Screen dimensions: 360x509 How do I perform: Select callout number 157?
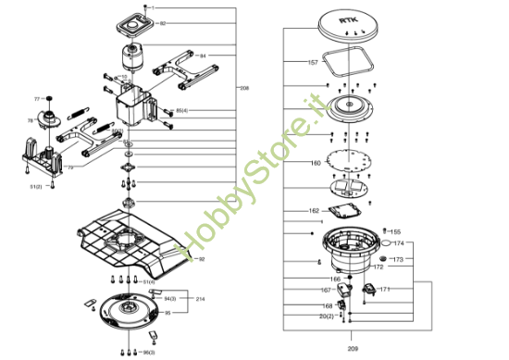click(x=313, y=62)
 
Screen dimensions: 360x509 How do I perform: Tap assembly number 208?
click(x=244, y=88)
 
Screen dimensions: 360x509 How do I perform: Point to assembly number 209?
click(x=353, y=348)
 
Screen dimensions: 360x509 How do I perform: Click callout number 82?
click(x=163, y=22)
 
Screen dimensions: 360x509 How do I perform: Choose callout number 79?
click(x=70, y=168)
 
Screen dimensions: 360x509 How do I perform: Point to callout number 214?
click(x=200, y=300)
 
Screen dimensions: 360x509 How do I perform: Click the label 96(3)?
click(x=148, y=353)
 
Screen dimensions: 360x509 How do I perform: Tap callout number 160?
click(x=316, y=163)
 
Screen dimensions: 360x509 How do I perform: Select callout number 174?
click(x=399, y=243)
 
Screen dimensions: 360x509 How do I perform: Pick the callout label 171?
click(x=385, y=290)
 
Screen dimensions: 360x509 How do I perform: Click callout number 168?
click(x=328, y=305)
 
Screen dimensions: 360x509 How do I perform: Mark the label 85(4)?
click(x=181, y=111)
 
